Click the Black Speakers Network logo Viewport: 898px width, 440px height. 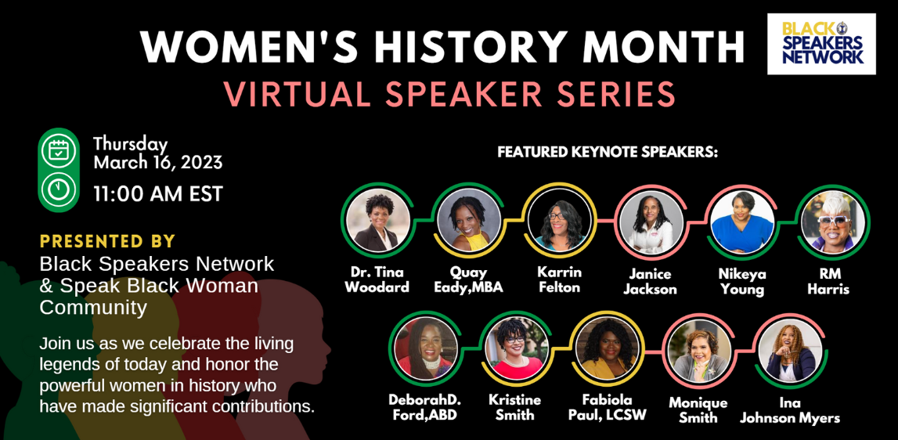click(x=821, y=44)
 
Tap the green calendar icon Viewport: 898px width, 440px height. click(x=59, y=151)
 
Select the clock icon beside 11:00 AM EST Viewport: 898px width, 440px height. click(x=59, y=189)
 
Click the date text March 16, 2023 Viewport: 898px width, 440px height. click(x=158, y=163)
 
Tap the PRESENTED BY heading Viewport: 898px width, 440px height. click(x=108, y=240)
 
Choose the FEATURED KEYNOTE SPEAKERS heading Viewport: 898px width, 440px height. click(x=608, y=153)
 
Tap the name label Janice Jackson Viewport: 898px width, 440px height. click(x=650, y=282)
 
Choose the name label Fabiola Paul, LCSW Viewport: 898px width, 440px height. click(x=608, y=407)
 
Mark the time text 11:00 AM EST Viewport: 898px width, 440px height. click(x=158, y=194)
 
